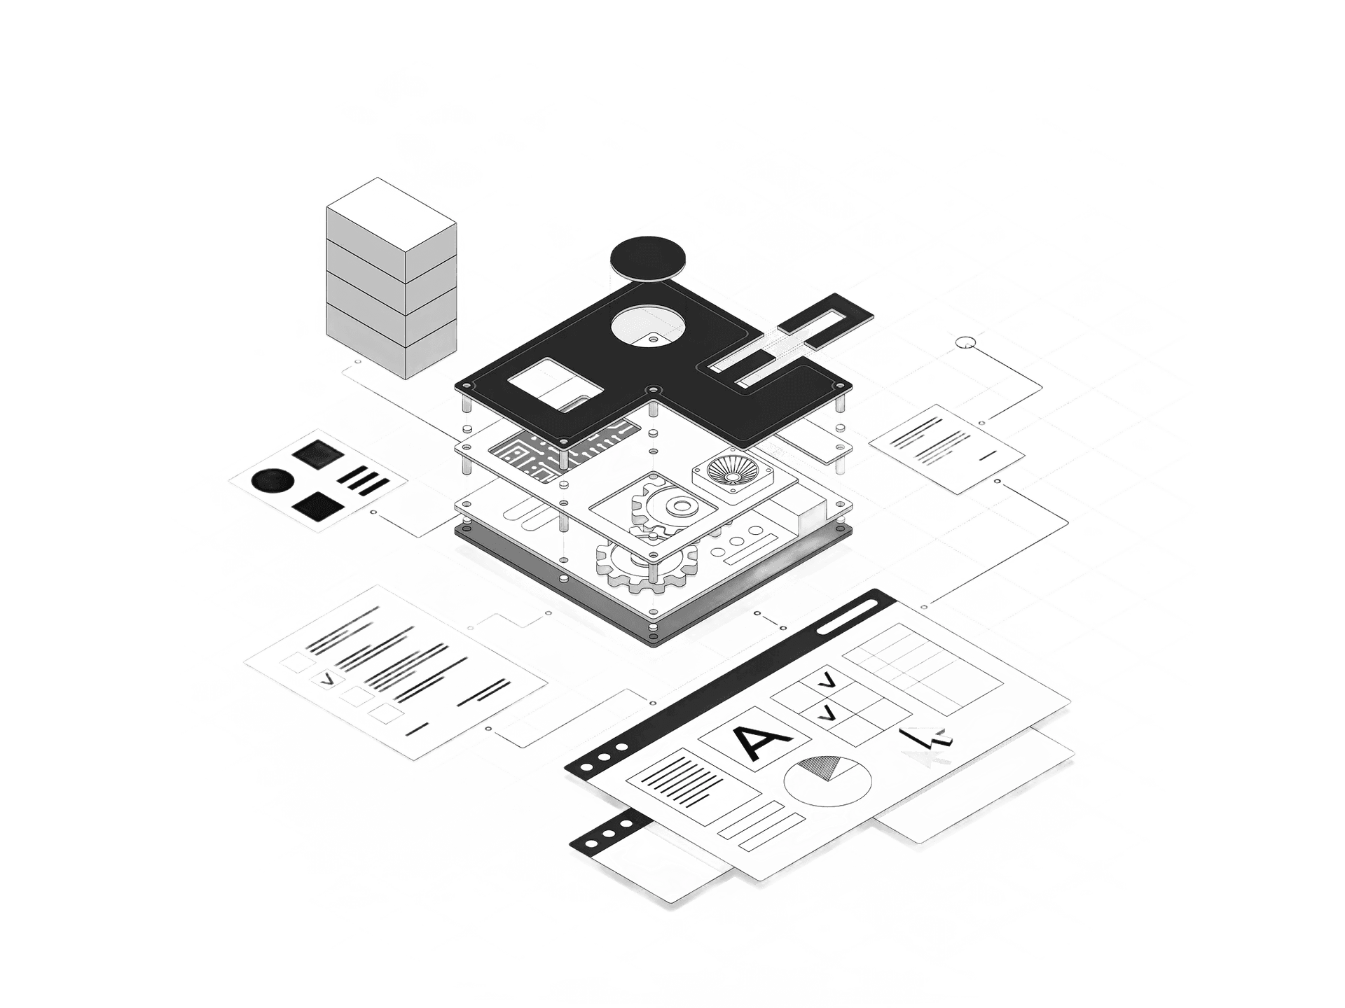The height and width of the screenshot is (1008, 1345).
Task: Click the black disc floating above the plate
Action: [x=648, y=258]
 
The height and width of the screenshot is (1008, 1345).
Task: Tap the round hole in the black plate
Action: [x=648, y=326]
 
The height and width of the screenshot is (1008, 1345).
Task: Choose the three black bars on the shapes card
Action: [x=364, y=480]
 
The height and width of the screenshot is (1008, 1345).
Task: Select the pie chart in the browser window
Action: [x=827, y=782]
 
